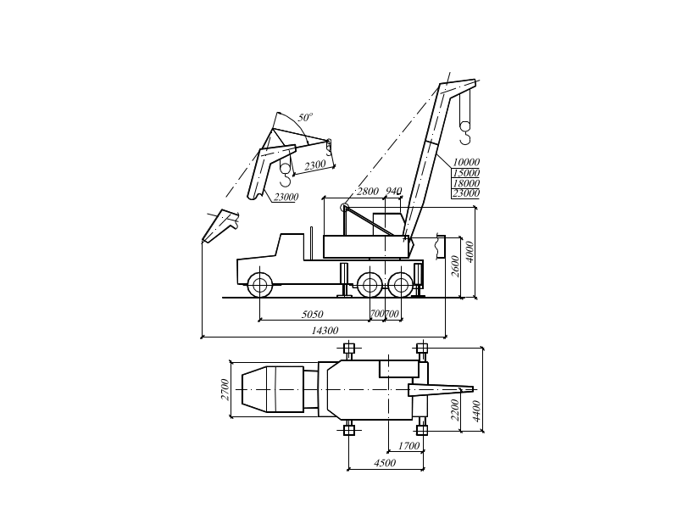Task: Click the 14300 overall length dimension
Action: click(325, 330)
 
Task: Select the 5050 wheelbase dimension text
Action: click(313, 315)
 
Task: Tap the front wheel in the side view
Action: click(261, 283)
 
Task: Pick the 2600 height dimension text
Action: click(455, 265)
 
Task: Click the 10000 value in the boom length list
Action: click(467, 162)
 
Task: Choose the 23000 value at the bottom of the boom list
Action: click(467, 193)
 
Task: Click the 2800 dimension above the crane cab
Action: click(369, 191)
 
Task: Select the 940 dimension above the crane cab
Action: click(394, 191)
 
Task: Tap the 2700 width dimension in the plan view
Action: click(225, 388)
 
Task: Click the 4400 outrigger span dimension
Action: click(477, 410)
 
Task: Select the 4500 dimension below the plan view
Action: click(386, 463)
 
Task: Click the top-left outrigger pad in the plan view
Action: click(348, 349)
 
